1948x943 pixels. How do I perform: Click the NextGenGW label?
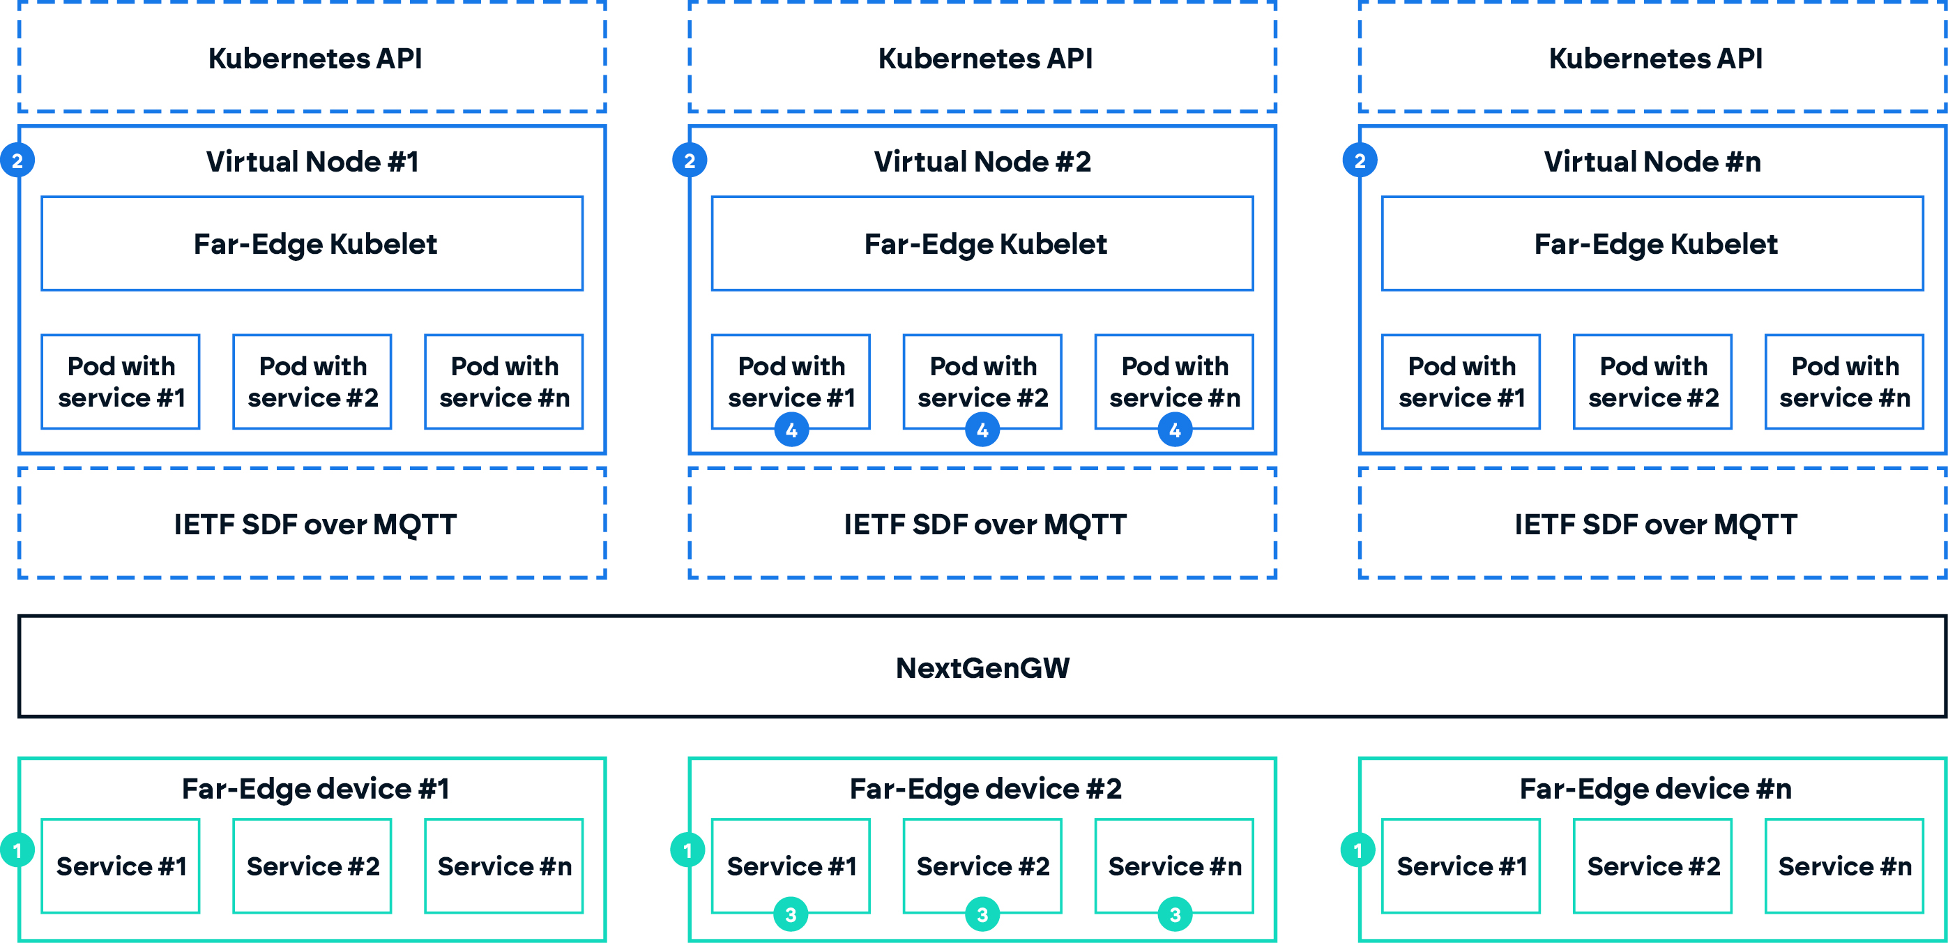(982, 667)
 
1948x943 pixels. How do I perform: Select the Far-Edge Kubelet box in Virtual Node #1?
(312, 243)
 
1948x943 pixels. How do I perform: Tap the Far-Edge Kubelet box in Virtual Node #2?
(982, 243)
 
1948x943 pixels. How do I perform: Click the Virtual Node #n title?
(1652, 161)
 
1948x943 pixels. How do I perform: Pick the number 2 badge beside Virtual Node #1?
(17, 160)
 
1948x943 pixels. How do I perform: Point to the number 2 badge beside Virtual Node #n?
(1360, 160)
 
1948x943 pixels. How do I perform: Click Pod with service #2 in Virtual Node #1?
(312, 382)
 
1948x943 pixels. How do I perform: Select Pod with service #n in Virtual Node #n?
(1843, 382)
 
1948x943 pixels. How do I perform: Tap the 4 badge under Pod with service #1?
(791, 430)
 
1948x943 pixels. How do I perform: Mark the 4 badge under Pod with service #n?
(1174, 430)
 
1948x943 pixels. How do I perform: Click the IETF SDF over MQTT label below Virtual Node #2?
(984, 524)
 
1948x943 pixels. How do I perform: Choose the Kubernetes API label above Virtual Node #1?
(314, 58)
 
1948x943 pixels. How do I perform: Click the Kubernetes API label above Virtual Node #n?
(1654, 58)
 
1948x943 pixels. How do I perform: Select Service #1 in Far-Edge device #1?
(121, 866)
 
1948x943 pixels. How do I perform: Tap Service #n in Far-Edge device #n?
(1843, 866)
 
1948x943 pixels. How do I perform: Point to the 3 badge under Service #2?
(982, 915)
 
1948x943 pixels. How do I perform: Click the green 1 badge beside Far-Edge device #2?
(687, 850)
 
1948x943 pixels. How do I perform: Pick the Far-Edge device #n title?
(1654, 788)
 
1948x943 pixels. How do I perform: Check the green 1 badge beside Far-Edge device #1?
(17, 850)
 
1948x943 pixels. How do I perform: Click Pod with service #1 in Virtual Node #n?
(1461, 382)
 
